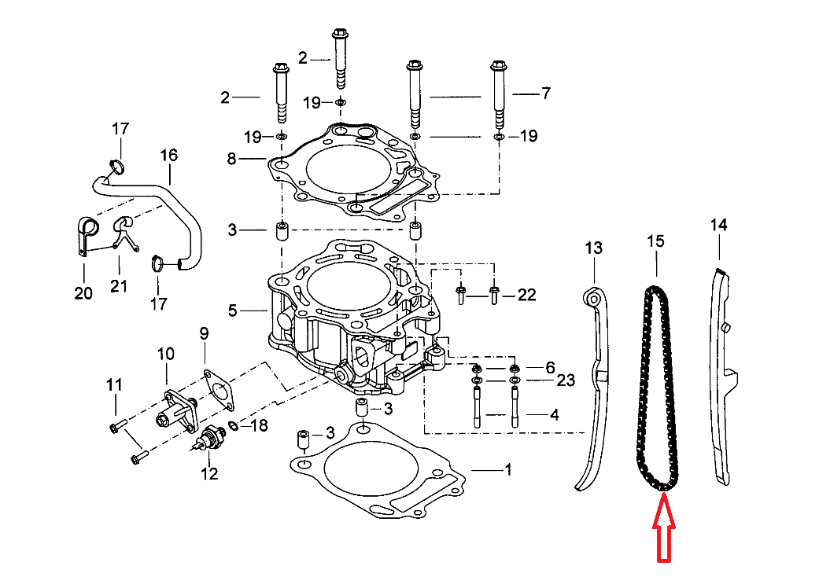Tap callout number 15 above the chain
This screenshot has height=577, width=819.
click(x=655, y=241)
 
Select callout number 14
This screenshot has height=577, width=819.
click(x=718, y=225)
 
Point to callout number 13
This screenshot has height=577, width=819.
click(x=593, y=248)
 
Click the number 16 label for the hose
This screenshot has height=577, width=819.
click(x=170, y=155)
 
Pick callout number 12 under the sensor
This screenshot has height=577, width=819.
click(x=208, y=473)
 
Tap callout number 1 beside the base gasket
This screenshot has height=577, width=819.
click(x=507, y=470)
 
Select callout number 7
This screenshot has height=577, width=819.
click(x=545, y=93)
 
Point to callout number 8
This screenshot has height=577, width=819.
click(x=231, y=159)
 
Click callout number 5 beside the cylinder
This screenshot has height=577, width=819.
click(x=232, y=311)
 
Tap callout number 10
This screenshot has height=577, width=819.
click(x=165, y=354)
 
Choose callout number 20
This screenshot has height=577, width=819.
click(x=83, y=294)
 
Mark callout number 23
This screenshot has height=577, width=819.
click(x=566, y=380)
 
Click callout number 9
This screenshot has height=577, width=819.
click(x=204, y=333)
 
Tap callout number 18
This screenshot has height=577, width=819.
click(x=259, y=426)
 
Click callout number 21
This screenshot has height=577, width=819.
click(x=118, y=285)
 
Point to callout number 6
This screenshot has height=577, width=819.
click(x=550, y=367)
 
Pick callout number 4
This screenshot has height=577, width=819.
click(x=554, y=413)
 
